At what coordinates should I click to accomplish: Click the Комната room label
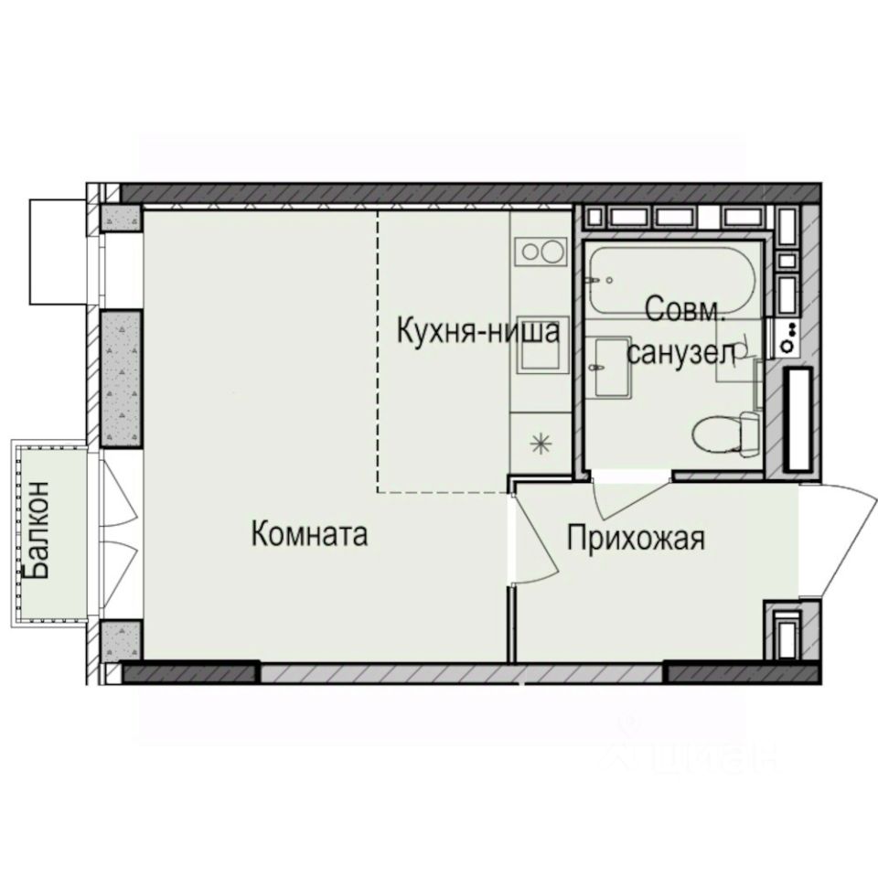pos(309,534)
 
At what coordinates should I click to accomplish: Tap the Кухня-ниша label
pos(477,331)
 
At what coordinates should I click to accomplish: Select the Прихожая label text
pos(636,538)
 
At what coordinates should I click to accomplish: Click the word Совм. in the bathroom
pos(686,309)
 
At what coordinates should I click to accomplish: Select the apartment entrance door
pos(837,540)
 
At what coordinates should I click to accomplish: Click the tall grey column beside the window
pos(120,378)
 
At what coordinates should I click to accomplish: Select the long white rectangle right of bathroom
pos(799,417)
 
